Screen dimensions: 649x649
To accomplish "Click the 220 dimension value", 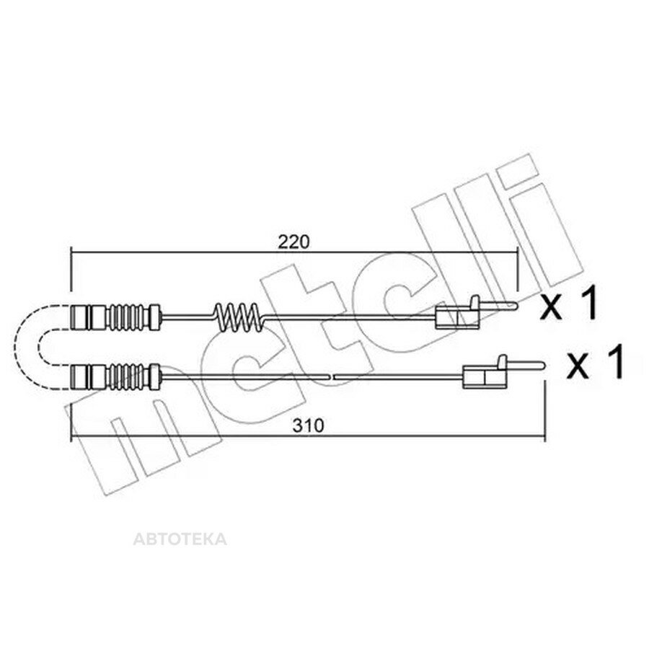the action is (x=293, y=242).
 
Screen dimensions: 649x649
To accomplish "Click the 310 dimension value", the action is (x=308, y=425).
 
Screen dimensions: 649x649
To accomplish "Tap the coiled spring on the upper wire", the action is (x=238, y=317).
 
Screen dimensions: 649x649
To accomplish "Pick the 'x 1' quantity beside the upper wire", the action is (x=569, y=304).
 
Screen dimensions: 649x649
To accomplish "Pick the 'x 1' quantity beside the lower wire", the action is (x=595, y=363).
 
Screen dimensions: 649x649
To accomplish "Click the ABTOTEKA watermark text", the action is (x=180, y=539).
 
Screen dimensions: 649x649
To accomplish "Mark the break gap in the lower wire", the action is (x=332, y=376).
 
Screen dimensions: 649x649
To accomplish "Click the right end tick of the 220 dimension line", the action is (x=516, y=269).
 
